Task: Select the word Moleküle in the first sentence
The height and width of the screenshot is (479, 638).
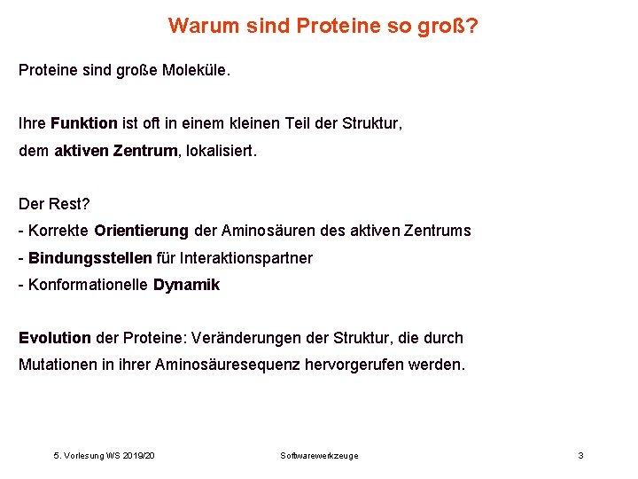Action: pyautogui.click(x=195, y=69)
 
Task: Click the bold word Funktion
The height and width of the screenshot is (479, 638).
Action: pyautogui.click(x=84, y=123)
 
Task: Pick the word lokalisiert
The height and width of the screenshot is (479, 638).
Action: pyautogui.click(x=220, y=151)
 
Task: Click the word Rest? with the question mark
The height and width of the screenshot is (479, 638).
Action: pyautogui.click(x=69, y=204)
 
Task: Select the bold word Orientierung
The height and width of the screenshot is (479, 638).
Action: pyautogui.click(x=141, y=231)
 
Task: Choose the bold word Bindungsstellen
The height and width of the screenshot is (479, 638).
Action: pyautogui.click(x=90, y=258)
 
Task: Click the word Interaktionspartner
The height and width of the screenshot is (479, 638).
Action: pyautogui.click(x=246, y=258)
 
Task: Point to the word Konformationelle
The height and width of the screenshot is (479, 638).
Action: pyautogui.click(x=89, y=285)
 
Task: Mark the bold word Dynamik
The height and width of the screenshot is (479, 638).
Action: pyautogui.click(x=186, y=285)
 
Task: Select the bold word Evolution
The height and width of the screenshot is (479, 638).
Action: pyautogui.click(x=55, y=338)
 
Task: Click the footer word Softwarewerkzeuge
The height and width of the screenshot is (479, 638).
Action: pyautogui.click(x=319, y=455)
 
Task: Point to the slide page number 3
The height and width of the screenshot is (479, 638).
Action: pyautogui.click(x=580, y=455)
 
